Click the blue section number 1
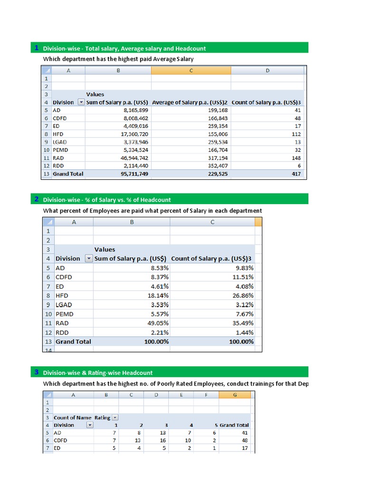(37, 47)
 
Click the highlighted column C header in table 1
(191, 70)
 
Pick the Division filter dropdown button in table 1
(81, 103)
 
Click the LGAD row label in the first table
(60, 142)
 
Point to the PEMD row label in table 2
(65, 314)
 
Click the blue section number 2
(37, 199)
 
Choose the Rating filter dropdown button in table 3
(115, 418)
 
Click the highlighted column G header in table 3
(235, 394)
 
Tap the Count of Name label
(72, 418)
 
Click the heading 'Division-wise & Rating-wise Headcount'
(98, 373)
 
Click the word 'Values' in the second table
(105, 249)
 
